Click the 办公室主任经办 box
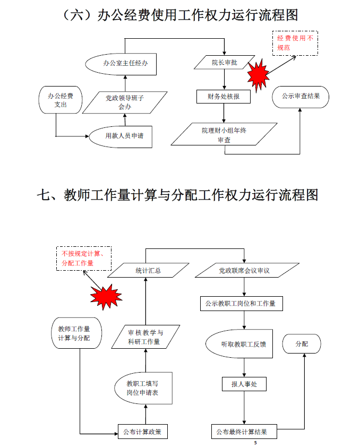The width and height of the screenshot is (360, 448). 125,63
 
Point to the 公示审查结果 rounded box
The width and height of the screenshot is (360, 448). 300,97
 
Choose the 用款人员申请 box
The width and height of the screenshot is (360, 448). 124,136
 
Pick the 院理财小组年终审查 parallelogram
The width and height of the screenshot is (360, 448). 224,134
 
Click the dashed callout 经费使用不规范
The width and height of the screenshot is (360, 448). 295,43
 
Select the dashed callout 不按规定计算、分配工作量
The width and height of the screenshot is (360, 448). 84,259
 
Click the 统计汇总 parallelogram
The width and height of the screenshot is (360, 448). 148,271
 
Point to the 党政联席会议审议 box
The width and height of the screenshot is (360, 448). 244,271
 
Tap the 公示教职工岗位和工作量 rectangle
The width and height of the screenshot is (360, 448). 241,304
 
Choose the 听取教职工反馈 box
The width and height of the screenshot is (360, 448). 243,344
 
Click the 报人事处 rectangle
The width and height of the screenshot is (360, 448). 244,384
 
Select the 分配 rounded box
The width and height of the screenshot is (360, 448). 302,344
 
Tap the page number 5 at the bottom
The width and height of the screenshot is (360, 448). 255,443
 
